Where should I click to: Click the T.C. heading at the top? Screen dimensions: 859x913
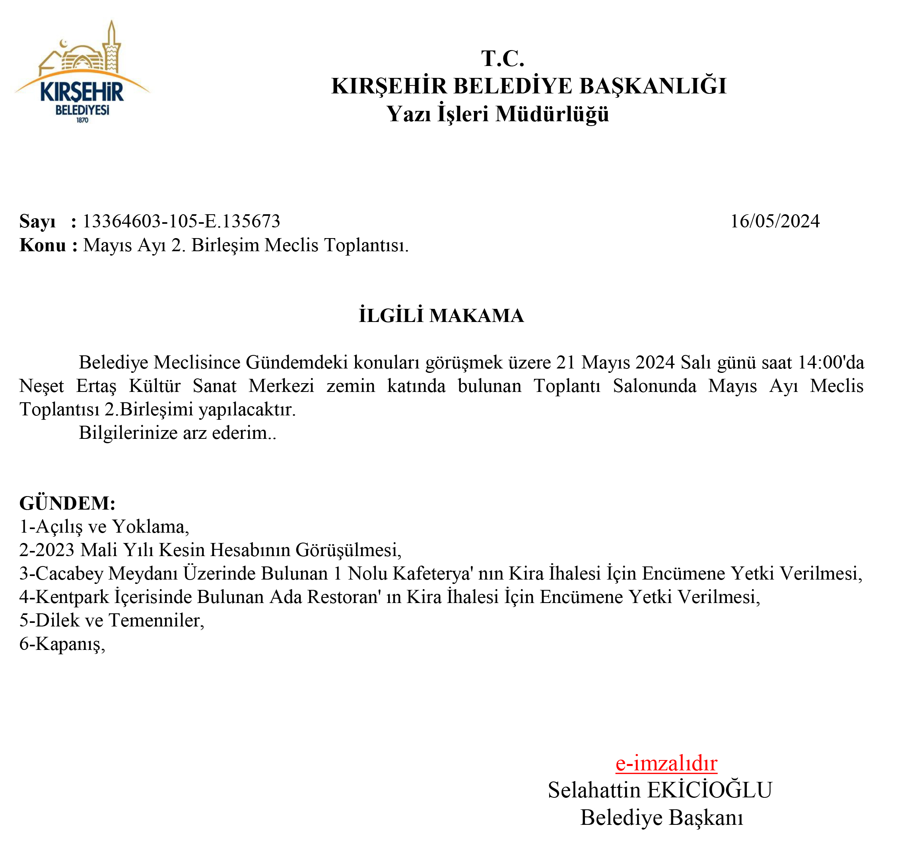pyautogui.click(x=502, y=59)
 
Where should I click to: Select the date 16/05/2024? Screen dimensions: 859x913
pyautogui.click(x=774, y=221)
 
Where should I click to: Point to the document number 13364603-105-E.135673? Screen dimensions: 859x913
pyautogui.click(x=181, y=221)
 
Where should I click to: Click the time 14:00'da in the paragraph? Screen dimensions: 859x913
pyautogui.click(x=831, y=362)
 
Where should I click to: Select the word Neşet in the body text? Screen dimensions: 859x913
pyautogui.click(x=41, y=386)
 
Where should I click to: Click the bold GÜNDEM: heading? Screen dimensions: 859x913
pyautogui.click(x=67, y=503)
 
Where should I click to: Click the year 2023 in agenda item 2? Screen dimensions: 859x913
pyautogui.click(x=54, y=550)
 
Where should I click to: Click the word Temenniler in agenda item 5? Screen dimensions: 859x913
pyautogui.click(x=156, y=620)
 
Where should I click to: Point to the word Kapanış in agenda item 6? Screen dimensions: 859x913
pyautogui.click(x=70, y=644)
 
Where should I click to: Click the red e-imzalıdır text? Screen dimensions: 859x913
pyautogui.click(x=666, y=764)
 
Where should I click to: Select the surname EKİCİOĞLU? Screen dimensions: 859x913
pyautogui.click(x=709, y=790)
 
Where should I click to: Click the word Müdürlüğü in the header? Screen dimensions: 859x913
pyautogui.click(x=552, y=114)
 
